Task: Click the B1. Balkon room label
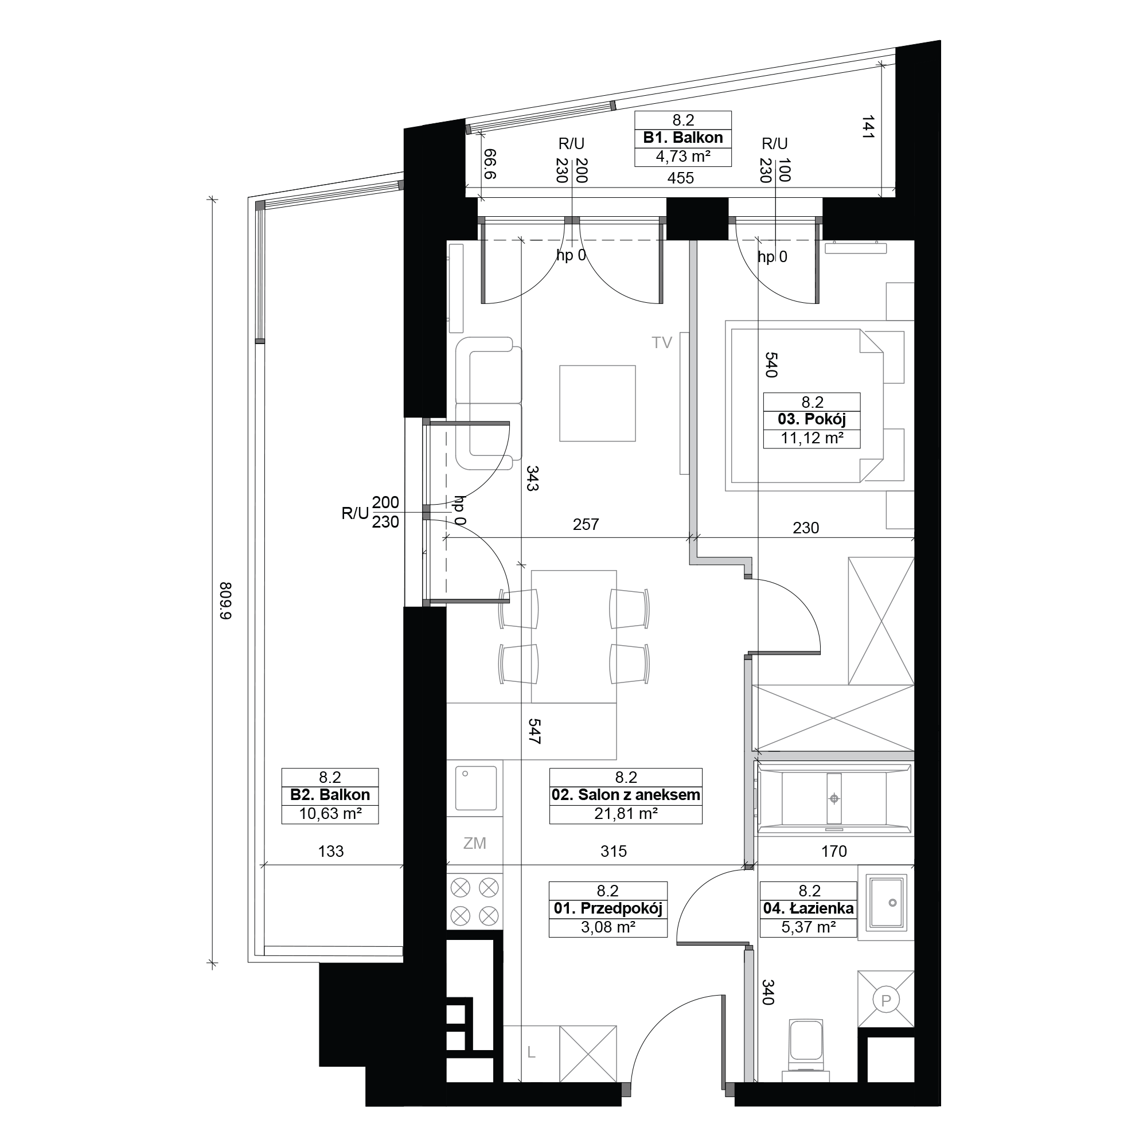click(x=682, y=138)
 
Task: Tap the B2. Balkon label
click(x=330, y=795)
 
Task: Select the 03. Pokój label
click(x=812, y=419)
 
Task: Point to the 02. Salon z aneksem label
click(x=626, y=795)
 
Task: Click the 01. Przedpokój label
click(x=608, y=908)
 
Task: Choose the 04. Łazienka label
click(x=809, y=908)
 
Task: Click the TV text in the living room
click(x=661, y=342)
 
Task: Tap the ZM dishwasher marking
click(x=475, y=843)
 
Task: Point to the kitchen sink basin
click(x=476, y=789)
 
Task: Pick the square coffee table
click(x=597, y=403)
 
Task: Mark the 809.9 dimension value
click(x=226, y=601)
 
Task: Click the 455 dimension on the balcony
click(x=680, y=178)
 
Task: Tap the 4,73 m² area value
click(x=682, y=156)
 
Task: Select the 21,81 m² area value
click(x=626, y=813)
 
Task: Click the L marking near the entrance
click(x=532, y=1052)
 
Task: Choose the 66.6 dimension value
click(x=490, y=164)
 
